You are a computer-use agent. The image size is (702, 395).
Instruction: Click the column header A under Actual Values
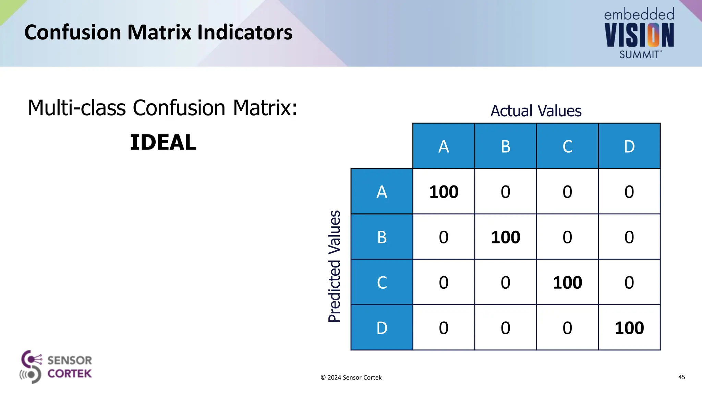(444, 146)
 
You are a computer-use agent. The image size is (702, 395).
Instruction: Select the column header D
(629, 146)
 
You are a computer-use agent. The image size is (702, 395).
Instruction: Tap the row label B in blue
(382, 237)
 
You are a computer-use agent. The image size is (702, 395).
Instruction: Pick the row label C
(382, 283)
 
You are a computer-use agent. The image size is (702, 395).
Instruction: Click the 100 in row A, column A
(444, 192)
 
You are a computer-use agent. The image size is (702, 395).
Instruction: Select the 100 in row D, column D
(629, 328)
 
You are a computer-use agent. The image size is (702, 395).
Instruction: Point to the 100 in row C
(567, 283)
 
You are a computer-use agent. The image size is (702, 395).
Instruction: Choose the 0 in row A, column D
(629, 192)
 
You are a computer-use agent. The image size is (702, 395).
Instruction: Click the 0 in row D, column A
(444, 328)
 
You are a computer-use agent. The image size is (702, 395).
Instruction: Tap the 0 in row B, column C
(567, 237)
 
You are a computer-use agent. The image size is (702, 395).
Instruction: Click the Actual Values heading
(536, 111)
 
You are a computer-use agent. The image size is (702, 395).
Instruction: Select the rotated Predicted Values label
(334, 266)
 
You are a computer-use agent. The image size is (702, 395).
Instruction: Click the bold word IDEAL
(163, 142)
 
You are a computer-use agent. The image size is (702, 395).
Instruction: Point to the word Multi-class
(77, 108)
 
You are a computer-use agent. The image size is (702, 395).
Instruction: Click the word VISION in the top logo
(639, 35)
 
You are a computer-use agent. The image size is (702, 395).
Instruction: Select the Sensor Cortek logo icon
(31, 367)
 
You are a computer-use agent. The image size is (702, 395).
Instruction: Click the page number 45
(681, 377)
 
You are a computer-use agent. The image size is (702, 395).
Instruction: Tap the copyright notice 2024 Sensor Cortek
(351, 378)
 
